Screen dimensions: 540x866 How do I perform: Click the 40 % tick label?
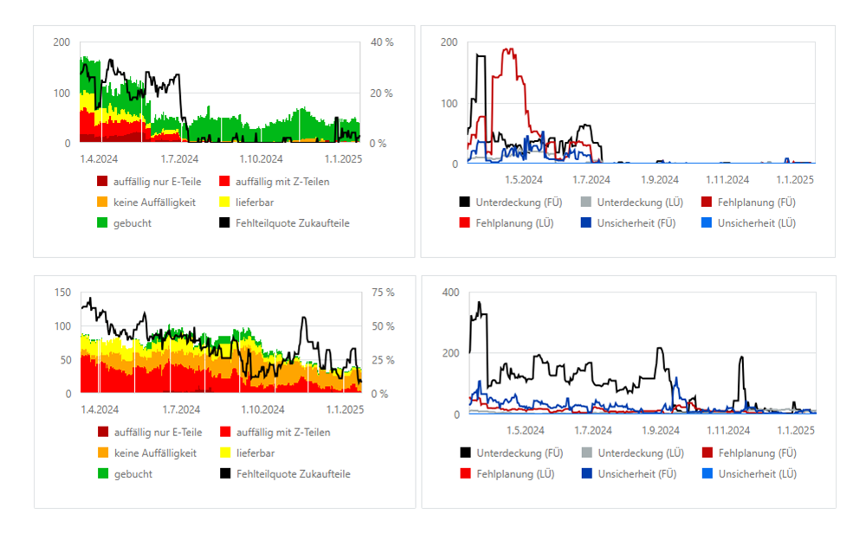coord(382,42)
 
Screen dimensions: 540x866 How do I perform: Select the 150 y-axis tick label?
coord(61,292)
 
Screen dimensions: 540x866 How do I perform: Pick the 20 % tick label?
coord(382,93)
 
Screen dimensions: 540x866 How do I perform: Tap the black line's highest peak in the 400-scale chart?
coord(479,303)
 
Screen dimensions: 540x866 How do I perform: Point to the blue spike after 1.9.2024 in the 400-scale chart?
coord(675,378)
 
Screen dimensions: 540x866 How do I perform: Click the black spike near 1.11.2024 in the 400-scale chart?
coord(741,357)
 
